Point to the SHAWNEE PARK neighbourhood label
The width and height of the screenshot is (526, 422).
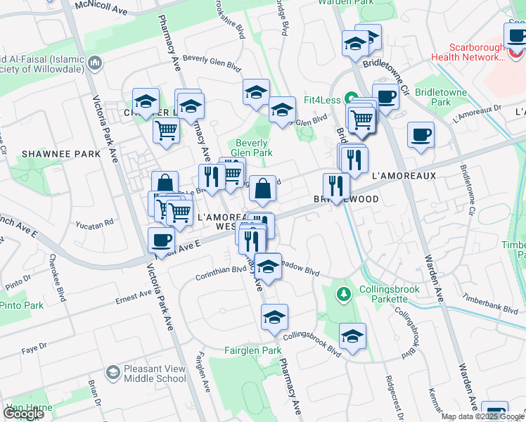coord(53,153)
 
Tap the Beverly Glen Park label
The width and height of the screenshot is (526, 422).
coord(252,147)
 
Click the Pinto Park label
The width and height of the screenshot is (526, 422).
coord(22,305)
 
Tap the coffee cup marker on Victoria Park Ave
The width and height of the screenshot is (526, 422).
coord(162,239)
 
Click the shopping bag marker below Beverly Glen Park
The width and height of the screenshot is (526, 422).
coord(262,188)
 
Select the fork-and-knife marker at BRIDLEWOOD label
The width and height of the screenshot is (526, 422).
coord(336,186)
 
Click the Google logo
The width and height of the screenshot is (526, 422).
coord(24,414)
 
